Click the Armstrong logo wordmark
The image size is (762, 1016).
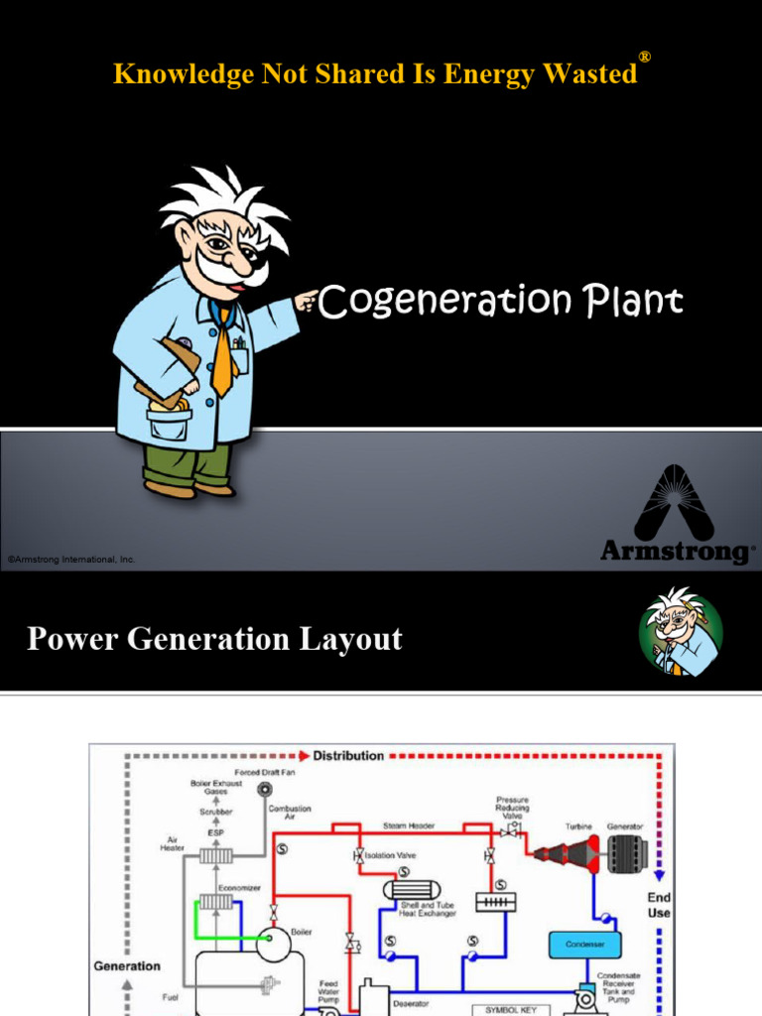[677, 551]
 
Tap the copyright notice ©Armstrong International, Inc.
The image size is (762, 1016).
[70, 560]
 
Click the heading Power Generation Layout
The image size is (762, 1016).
[214, 639]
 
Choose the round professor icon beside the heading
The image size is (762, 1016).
[680, 633]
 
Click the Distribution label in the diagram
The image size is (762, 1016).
[348, 756]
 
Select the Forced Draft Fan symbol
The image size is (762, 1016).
[264, 789]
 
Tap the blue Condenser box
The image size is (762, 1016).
[584, 944]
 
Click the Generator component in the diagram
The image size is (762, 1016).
[627, 853]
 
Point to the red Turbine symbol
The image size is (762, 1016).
[568, 853]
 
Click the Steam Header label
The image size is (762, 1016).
[408, 825]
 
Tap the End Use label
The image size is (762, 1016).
[659, 905]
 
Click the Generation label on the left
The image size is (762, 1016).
[127, 966]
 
